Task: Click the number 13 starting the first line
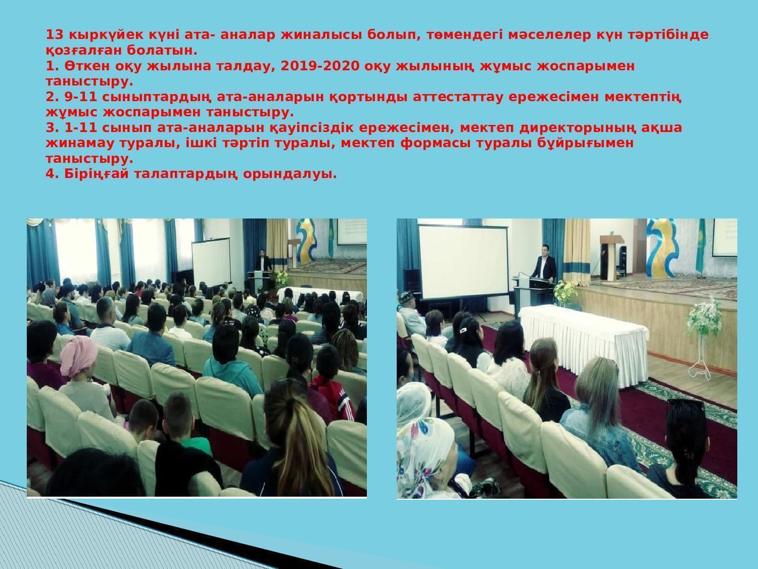(55, 35)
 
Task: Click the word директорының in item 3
(578, 128)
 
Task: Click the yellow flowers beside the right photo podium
(565, 292)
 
